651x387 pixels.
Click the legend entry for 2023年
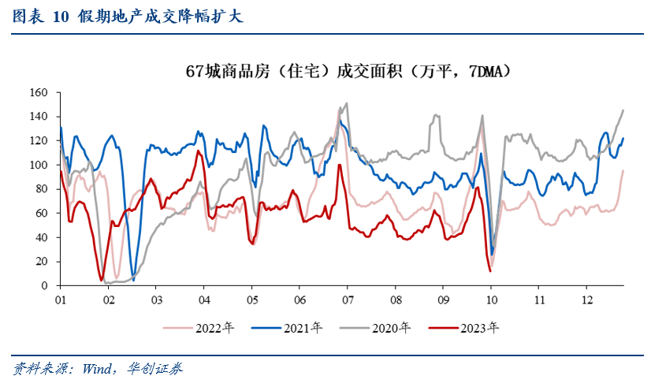click(x=474, y=326)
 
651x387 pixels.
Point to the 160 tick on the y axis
click(x=39, y=93)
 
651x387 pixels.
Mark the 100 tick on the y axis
click(x=39, y=165)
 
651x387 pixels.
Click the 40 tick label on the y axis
click(x=42, y=237)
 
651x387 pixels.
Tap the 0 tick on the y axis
click(x=45, y=285)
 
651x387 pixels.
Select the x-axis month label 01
click(x=60, y=300)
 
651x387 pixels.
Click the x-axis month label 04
click(x=203, y=300)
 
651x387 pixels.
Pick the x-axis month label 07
click(x=347, y=300)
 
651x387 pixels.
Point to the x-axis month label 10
click(x=491, y=300)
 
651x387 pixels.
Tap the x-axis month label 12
click(x=586, y=300)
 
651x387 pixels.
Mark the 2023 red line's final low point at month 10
click(x=490, y=271)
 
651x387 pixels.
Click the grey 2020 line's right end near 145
click(x=623, y=110)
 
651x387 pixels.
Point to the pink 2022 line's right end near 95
click(x=623, y=171)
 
